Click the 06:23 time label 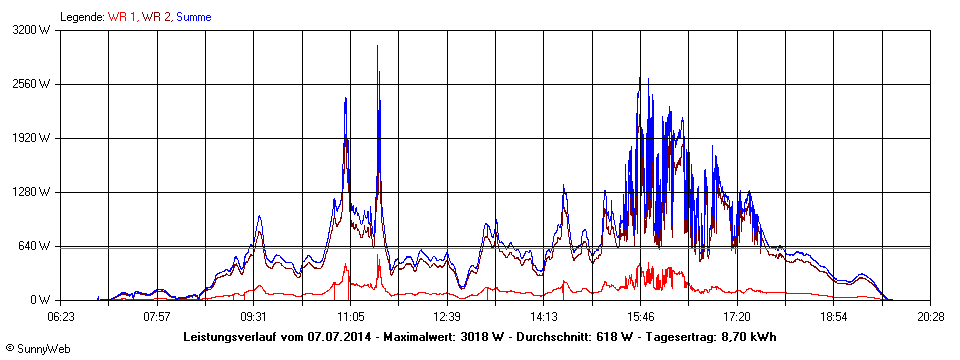61,316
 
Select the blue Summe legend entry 194,17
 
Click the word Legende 83,17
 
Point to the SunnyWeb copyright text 37,349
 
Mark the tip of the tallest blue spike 377,46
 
